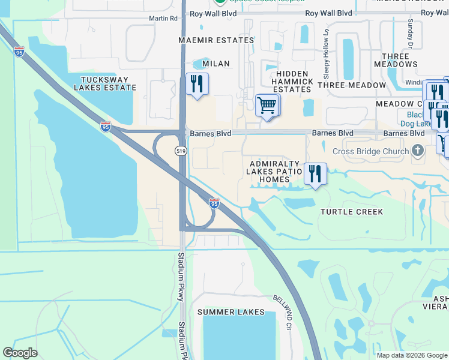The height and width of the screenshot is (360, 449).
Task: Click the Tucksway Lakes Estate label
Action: (105, 83)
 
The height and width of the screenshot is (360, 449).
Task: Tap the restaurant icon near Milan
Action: (197, 83)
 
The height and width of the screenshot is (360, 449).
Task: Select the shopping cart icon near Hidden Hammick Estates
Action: (266, 106)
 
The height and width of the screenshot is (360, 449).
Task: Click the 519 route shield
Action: (181, 151)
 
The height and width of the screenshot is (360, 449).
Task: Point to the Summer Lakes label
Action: (231, 312)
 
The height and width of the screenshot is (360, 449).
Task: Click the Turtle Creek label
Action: (352, 212)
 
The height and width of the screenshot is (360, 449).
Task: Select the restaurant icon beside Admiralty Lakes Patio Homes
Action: (315, 173)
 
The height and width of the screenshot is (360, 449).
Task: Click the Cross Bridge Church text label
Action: (370, 151)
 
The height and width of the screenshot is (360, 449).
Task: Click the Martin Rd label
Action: (164, 19)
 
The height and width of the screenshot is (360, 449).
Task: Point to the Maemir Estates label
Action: (216, 40)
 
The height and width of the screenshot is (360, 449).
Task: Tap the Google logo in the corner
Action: (20, 353)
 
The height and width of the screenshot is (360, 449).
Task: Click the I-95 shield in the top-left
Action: (19, 52)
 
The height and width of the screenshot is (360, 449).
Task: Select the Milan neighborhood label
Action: (216, 63)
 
